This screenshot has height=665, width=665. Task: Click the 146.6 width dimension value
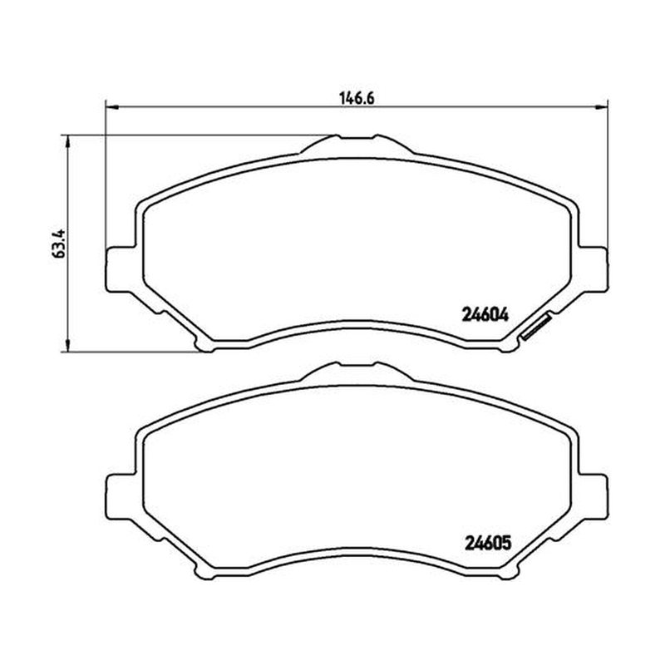tap(357, 98)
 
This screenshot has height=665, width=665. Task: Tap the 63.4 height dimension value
tap(59, 244)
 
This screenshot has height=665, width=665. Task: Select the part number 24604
tap(484, 315)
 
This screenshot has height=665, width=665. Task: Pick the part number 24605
tap(488, 543)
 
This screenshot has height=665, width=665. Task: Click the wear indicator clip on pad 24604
tap(535, 327)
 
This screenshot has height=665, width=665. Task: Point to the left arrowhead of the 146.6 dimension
tap(111, 106)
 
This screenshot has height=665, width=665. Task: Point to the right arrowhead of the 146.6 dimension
tap(602, 106)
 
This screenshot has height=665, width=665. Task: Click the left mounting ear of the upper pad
tap(120, 269)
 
